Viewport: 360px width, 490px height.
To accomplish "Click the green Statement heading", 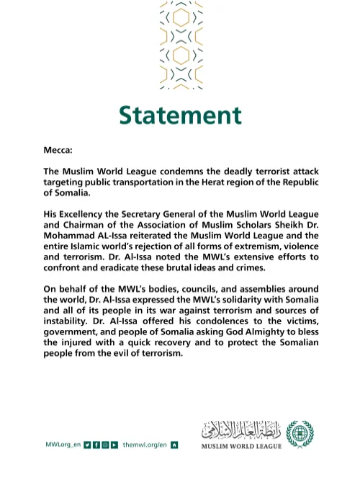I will (180, 115).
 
